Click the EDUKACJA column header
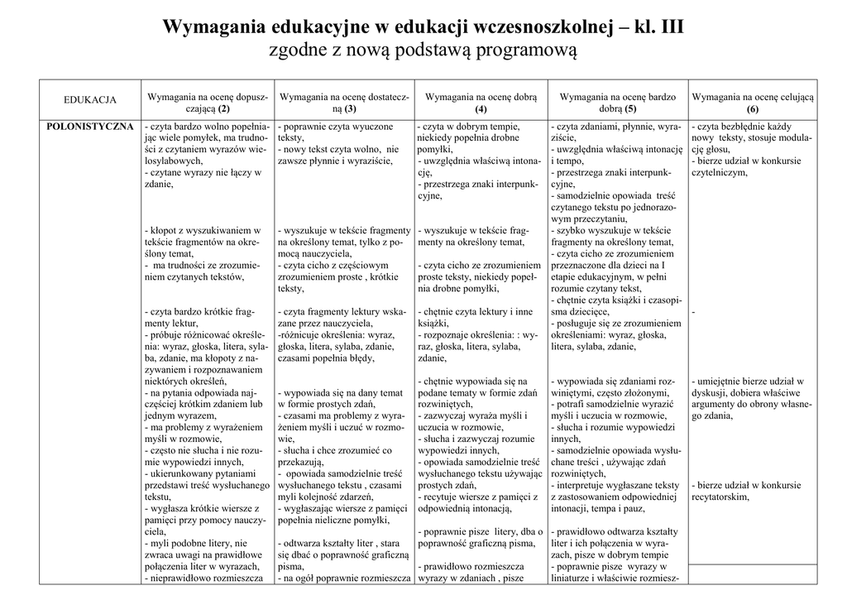[90, 100]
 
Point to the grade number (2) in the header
[223, 108]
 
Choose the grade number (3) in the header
[351, 108]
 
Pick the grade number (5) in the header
[631, 108]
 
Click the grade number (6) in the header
[753, 108]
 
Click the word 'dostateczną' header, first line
[381, 98]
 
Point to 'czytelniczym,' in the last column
[719, 172]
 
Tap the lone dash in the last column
[693, 312]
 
